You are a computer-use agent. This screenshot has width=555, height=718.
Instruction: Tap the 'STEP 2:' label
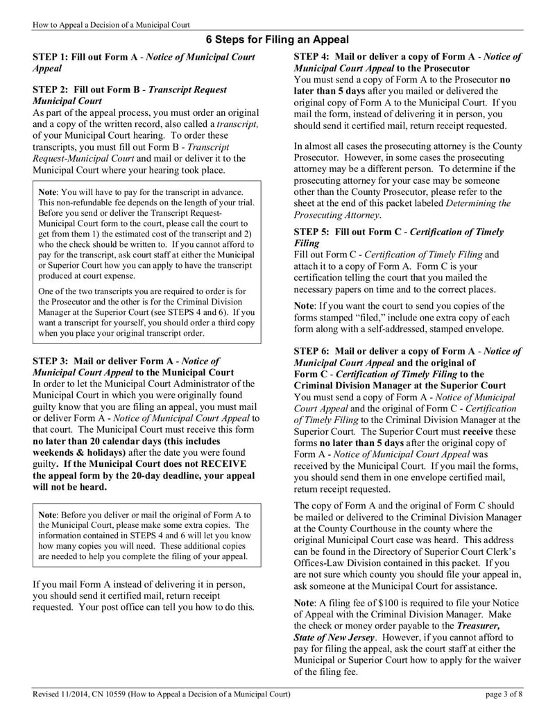point(51,90)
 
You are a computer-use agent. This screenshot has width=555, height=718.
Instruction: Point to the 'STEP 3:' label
point(51,361)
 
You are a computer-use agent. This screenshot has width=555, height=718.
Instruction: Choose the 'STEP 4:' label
point(312,57)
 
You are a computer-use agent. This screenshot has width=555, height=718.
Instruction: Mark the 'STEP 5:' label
point(312,232)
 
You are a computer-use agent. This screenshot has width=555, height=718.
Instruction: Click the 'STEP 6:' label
point(312,351)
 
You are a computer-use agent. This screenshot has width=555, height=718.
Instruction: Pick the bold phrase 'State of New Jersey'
point(334,637)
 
